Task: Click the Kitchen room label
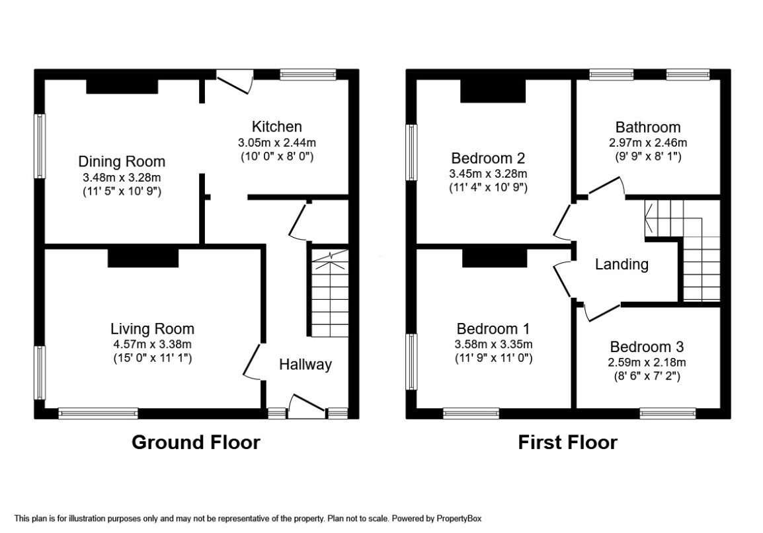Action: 276,126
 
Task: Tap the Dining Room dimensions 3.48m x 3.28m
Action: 122,177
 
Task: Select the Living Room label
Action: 152,328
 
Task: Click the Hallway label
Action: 305,364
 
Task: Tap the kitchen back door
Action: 235,81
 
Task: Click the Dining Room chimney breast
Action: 122,87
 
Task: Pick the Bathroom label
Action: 647,127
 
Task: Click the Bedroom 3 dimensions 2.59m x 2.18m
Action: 647,362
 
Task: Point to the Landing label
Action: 622,265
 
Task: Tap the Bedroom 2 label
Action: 488,159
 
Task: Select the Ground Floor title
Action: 196,442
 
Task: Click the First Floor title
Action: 567,442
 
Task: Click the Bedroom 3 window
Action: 667,413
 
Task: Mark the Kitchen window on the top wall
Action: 307,74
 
